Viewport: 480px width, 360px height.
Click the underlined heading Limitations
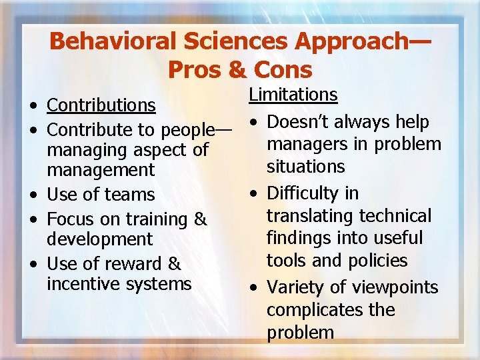pos(293,95)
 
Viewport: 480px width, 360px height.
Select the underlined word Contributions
pos(101,105)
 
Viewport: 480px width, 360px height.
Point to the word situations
pos(305,166)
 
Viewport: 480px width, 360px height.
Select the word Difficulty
pos(303,193)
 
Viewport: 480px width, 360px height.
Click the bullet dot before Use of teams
pos(33,195)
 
